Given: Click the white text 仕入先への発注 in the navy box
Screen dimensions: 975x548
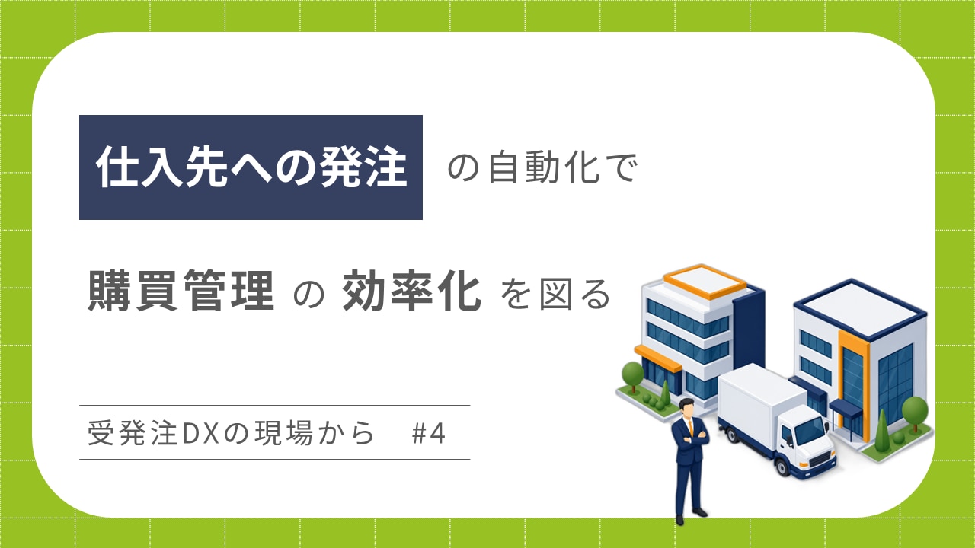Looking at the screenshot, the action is click(251, 167).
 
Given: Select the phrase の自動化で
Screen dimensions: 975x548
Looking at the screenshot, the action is click(543, 167).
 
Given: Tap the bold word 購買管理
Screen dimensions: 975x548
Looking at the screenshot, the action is click(181, 291).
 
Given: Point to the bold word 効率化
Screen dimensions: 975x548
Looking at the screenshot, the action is click(412, 291).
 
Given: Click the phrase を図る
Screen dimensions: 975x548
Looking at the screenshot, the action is click(556, 295).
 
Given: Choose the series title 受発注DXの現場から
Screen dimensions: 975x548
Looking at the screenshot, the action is click(231, 433).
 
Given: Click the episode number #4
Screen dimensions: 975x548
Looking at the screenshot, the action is click(428, 434).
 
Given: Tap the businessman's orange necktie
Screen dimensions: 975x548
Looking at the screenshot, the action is click(690, 427).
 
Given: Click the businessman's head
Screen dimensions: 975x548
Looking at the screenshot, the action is click(686, 408).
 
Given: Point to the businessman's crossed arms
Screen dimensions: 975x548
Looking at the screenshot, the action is click(691, 438).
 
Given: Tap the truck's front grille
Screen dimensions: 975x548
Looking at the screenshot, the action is click(820, 458).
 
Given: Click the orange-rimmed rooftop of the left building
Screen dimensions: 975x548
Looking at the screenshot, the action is click(705, 281).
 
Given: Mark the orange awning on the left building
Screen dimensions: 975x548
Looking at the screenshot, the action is click(657, 358).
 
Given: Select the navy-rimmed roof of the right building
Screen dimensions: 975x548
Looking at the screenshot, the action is click(860, 309).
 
